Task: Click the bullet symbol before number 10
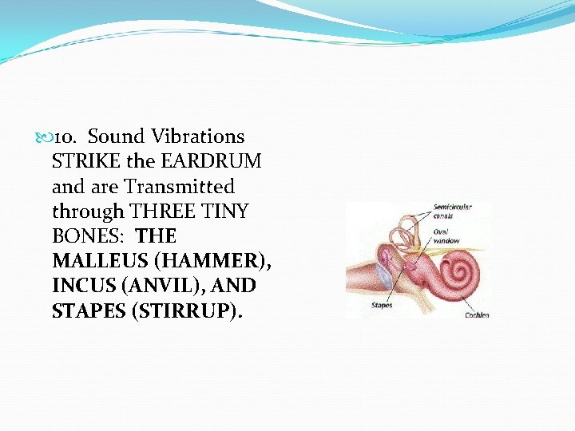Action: tap(43, 137)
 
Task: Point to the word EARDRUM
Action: tap(211, 161)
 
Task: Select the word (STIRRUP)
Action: tap(184, 310)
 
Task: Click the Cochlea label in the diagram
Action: tap(477, 314)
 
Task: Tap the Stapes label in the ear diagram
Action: tap(382, 305)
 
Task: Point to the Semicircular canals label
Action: tap(452, 211)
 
